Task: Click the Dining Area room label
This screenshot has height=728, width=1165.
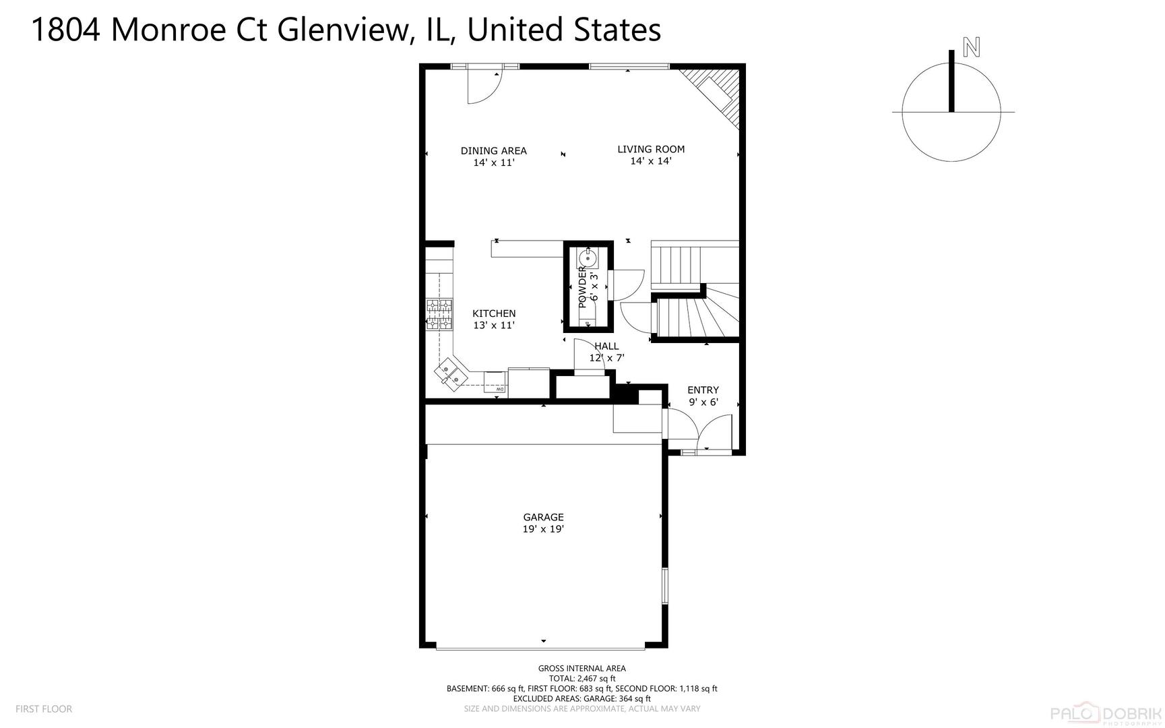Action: [493, 151]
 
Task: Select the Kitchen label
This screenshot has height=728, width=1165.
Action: [494, 313]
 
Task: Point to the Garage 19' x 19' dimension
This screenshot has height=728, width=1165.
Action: [543, 530]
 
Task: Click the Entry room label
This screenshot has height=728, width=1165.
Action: [703, 390]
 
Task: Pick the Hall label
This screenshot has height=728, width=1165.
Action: [606, 346]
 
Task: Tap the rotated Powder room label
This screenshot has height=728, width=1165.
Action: [582, 287]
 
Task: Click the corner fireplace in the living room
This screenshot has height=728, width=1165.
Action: [720, 94]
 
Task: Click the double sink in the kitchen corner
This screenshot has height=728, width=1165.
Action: [451, 373]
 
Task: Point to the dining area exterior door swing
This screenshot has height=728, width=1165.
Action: [484, 88]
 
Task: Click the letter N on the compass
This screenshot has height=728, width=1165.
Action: [971, 47]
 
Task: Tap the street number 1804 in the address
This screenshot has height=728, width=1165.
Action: [65, 30]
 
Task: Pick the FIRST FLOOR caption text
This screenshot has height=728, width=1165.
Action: [44, 709]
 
